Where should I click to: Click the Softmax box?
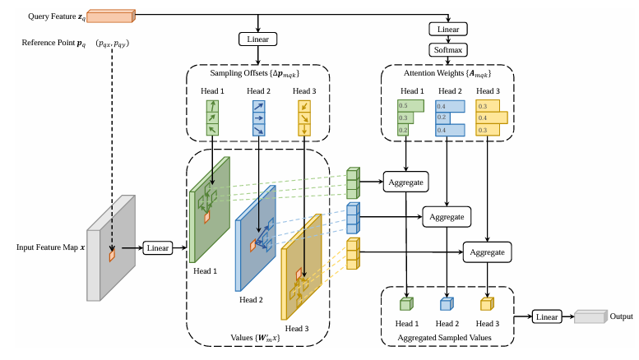pos(448,50)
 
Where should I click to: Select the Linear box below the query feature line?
pos(258,39)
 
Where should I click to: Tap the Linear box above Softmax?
pos(448,30)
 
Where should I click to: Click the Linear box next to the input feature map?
pos(158,248)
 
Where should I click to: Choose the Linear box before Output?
pos(547,316)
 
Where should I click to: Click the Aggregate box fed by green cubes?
pos(406,182)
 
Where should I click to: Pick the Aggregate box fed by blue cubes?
pos(447,217)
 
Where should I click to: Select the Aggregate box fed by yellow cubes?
pos(487,252)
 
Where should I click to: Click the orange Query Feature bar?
pos(111,16)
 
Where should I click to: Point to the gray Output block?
pos(591,316)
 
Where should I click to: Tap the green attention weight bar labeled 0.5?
pos(410,106)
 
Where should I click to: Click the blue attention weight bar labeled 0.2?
pos(442,118)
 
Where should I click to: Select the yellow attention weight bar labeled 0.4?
pos(492,118)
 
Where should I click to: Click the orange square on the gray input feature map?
pos(112,255)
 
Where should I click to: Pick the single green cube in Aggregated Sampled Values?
pos(406,304)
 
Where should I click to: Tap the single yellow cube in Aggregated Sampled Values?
pos(487,304)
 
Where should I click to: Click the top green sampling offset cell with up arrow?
pos(212,106)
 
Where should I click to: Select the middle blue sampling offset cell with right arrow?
pos(259,118)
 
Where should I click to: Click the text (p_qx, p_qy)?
pos(113,44)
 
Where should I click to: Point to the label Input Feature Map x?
pos(50,247)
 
